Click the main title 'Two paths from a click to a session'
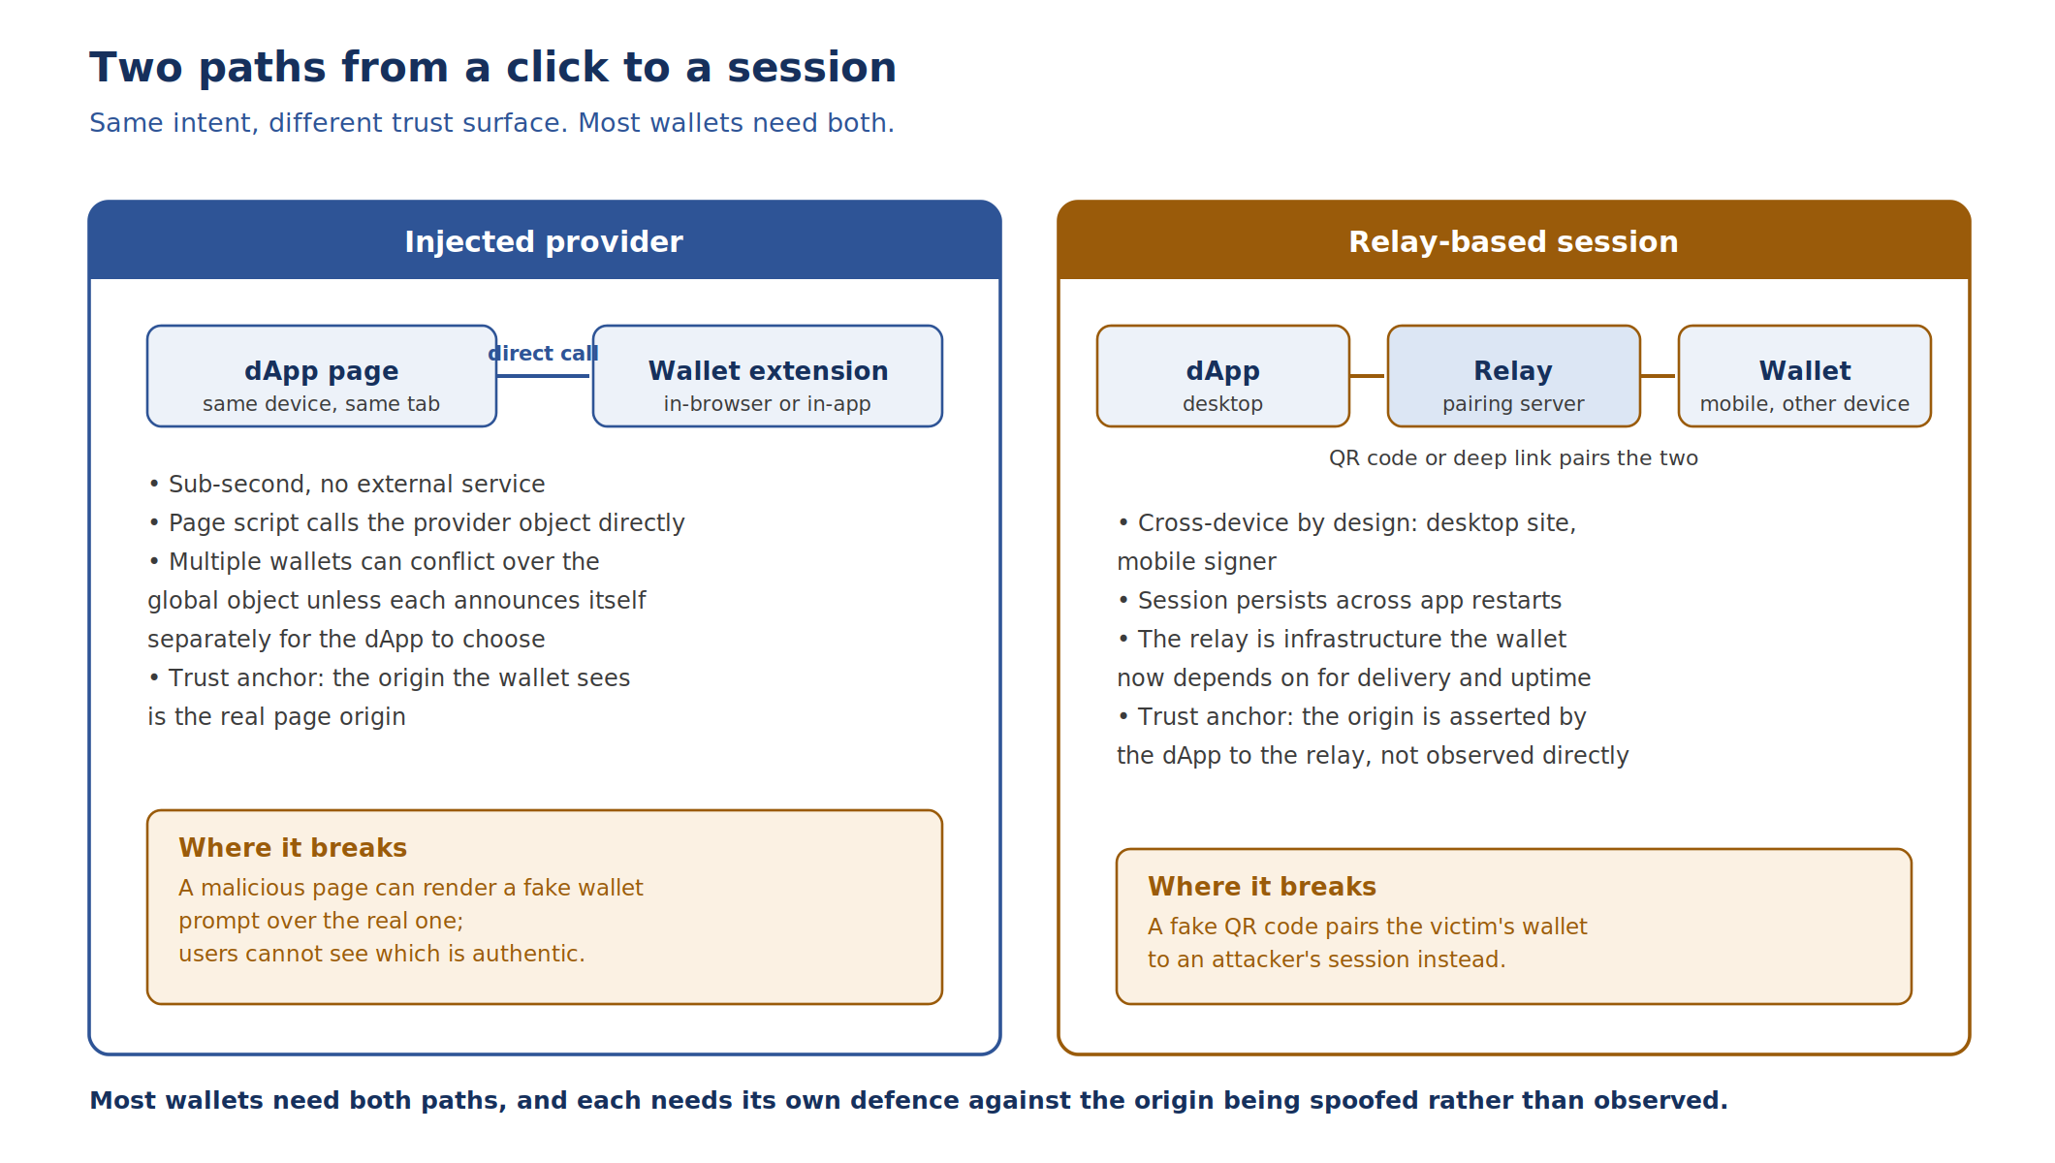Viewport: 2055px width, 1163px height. tap(492, 68)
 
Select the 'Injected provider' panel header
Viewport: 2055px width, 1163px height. tap(545, 240)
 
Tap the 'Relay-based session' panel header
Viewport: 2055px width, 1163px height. tap(1514, 240)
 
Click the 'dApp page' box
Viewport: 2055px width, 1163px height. tap(322, 376)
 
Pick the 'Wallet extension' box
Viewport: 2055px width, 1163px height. tap(768, 376)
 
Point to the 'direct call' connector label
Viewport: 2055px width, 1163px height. tap(543, 354)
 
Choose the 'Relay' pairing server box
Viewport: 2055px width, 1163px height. tap(1514, 376)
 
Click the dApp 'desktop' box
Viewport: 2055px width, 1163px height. tap(1223, 376)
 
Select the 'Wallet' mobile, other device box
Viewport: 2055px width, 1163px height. tap(1805, 376)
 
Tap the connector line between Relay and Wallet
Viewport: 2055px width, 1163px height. tap(1658, 376)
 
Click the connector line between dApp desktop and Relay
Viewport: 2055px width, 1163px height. tap(1367, 376)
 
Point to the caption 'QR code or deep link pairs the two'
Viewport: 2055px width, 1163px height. tap(1513, 458)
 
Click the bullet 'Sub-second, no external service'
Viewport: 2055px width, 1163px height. tap(347, 485)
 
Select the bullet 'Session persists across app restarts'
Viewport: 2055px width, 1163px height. tap(1340, 601)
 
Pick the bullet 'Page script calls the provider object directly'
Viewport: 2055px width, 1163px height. tap(417, 523)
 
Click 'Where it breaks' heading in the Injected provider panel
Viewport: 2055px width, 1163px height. tap(293, 848)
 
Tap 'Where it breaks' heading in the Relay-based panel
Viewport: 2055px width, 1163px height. tap(1262, 887)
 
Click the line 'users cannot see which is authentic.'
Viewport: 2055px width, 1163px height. tap(382, 954)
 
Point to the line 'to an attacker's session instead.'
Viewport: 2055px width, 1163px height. tap(1327, 959)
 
